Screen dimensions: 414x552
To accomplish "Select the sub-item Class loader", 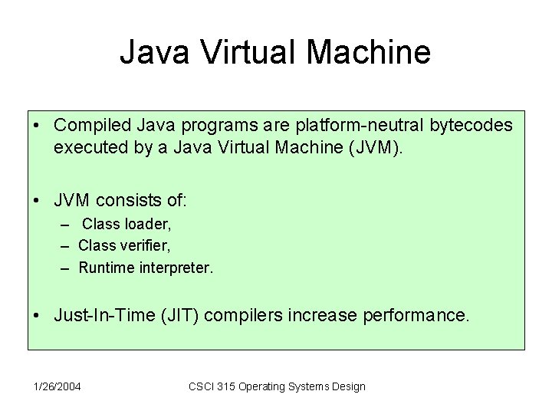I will tap(127, 225).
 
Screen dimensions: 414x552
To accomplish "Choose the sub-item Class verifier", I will tap(124, 246).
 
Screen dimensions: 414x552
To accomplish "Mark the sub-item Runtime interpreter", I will tap(146, 268).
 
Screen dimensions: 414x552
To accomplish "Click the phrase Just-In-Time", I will tap(100, 314).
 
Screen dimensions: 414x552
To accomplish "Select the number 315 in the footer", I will tap(228, 386).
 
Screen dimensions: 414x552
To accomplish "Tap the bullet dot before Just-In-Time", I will tap(37, 315).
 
